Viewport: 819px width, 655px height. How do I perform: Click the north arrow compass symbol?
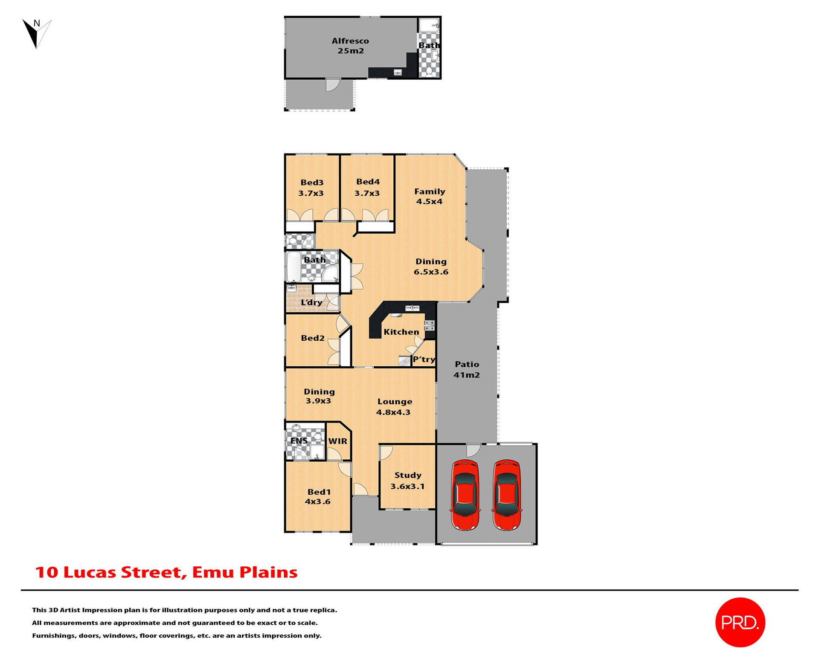coord(36,33)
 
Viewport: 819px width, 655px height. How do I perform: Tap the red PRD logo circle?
coord(740,622)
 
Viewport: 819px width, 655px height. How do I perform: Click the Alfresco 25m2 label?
coord(350,46)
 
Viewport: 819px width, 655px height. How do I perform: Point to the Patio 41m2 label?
coord(467,369)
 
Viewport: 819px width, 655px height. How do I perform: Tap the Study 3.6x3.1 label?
coord(408,481)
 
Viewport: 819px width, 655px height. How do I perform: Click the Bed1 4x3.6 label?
coord(318,496)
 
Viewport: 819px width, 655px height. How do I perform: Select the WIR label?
coord(338,441)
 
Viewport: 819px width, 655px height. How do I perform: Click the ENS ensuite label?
coord(299,441)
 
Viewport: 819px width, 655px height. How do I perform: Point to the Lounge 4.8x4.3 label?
coord(394,406)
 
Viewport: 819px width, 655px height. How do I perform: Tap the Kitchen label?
coord(401,332)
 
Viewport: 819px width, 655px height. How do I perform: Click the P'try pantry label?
coord(424,359)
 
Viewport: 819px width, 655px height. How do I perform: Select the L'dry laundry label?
coord(311,302)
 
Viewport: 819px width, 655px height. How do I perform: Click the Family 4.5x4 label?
coord(430,196)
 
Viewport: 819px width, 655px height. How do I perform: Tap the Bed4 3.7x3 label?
coord(367,187)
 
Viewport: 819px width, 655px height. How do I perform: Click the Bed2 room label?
coord(313,338)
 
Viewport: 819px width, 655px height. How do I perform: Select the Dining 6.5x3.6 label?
coord(431,267)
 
